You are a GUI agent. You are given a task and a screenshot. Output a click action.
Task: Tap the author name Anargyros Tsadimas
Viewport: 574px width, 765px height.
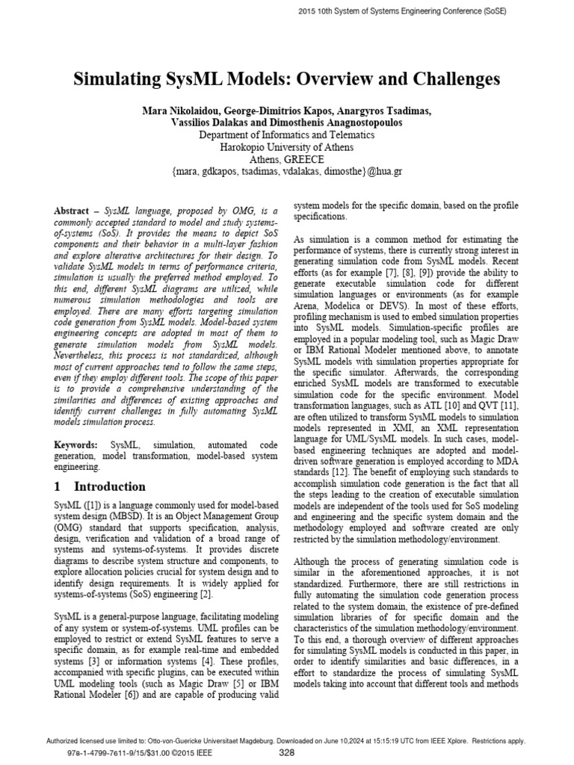(x=389, y=111)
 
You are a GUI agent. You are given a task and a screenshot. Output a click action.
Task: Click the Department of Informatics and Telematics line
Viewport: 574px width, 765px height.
(x=286, y=135)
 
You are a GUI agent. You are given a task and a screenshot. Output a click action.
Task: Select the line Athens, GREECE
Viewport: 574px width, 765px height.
(x=286, y=159)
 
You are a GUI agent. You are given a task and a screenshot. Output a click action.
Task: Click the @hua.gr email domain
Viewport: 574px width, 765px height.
(x=386, y=172)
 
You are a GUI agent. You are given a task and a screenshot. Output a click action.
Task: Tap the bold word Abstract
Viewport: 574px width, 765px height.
(x=75, y=211)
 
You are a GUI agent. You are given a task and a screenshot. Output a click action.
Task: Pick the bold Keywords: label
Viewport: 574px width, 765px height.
(x=78, y=445)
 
